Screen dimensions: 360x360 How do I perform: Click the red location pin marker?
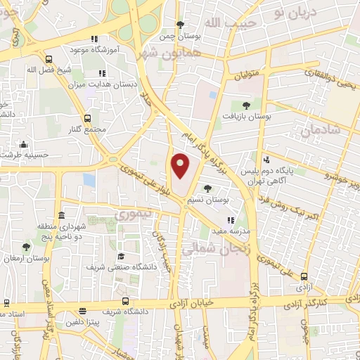click(x=181, y=165)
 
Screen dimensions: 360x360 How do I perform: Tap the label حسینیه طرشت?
click(x=25, y=154)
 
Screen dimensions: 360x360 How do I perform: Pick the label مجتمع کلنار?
click(x=88, y=129)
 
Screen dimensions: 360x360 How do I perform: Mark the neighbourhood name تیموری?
click(x=131, y=214)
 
